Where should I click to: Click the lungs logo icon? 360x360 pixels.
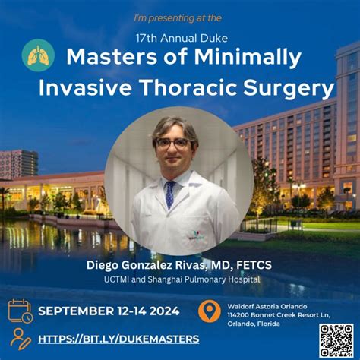38,55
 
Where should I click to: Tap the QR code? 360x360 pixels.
336,341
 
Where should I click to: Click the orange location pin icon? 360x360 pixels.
209,311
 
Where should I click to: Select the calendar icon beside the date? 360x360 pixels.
21,311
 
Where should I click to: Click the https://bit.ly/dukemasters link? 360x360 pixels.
118,339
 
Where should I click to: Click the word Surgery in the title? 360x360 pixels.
289,89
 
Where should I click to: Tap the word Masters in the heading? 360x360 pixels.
112,56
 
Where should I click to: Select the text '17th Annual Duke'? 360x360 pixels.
182,39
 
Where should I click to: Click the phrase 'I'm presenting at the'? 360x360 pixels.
178,18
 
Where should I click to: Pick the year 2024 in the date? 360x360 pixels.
164,311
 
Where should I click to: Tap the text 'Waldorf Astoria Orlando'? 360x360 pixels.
267,306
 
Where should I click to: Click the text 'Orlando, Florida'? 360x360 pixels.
254,324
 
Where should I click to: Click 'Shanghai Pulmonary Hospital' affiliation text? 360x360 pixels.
204,279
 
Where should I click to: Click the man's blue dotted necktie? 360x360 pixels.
170,194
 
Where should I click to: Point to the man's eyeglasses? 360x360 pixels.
172,144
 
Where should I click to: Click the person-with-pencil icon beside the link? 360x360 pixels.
21,339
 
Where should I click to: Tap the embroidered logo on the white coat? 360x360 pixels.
196,235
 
